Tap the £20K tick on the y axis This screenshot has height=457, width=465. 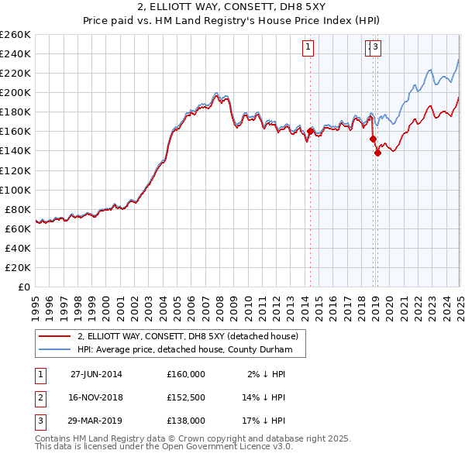[x=18, y=267]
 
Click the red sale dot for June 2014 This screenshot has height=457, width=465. [x=310, y=132]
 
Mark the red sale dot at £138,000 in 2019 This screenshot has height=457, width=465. [x=377, y=153]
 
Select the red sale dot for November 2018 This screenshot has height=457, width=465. [x=373, y=139]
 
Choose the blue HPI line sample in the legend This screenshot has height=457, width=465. [x=55, y=349]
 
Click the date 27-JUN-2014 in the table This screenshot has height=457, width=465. [x=96, y=374]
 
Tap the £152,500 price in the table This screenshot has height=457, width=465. [x=186, y=397]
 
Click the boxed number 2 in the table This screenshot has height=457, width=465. [x=39, y=397]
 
